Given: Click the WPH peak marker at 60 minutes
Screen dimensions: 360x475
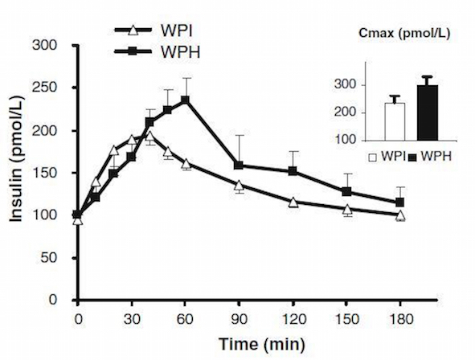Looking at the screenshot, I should tap(185, 100).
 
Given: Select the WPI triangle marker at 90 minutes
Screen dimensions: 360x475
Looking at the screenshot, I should tap(239, 186).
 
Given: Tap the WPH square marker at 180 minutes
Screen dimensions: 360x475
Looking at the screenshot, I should tap(399, 202).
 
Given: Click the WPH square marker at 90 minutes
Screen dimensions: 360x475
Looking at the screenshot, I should tap(239, 166).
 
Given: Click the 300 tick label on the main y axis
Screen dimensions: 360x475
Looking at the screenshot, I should tap(55, 46).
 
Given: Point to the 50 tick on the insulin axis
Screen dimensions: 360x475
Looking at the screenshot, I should tap(58, 257).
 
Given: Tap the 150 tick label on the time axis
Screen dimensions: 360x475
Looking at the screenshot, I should tap(346, 317).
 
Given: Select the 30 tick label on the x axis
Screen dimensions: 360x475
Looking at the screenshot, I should tap(131, 317).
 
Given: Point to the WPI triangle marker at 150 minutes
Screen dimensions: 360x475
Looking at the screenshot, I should tap(346, 211).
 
